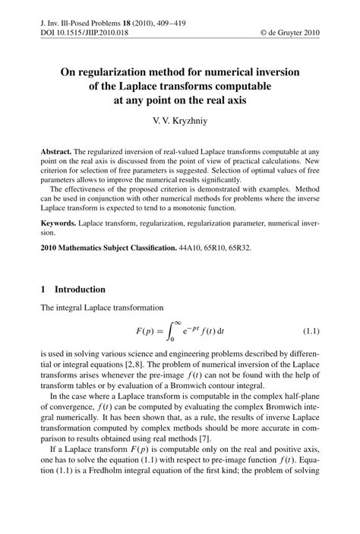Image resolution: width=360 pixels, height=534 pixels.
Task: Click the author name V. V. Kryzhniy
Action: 179,121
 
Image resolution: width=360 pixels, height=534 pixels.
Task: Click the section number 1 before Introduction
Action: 44,289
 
